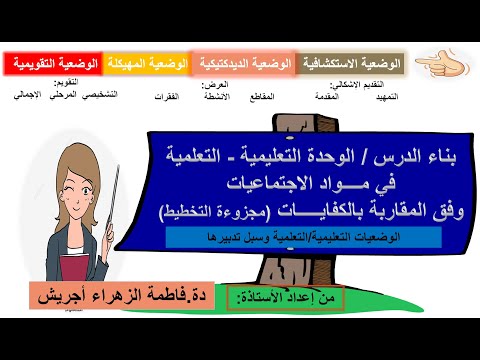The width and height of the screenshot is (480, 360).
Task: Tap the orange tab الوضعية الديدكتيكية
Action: [243, 64]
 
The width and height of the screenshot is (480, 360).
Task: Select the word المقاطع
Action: [271, 96]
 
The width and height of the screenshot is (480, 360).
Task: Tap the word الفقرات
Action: [171, 96]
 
